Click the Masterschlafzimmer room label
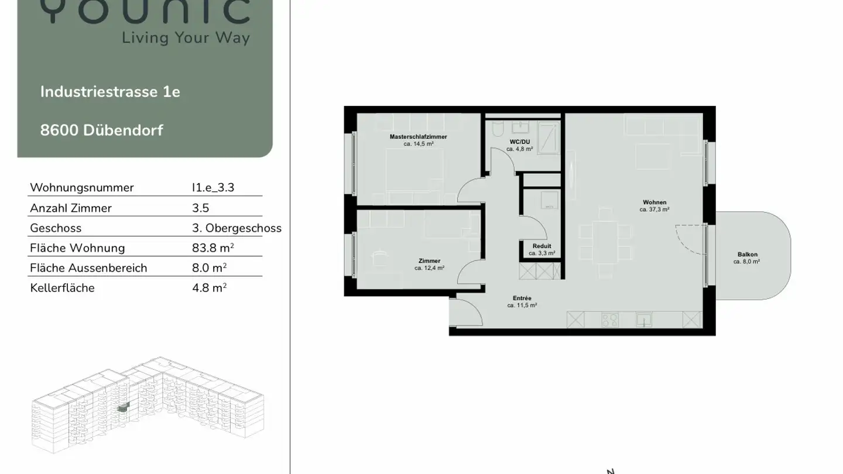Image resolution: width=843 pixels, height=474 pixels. click(418, 136)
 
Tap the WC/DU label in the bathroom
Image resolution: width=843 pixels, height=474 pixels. click(519, 142)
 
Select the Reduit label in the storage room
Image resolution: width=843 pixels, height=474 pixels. click(542, 246)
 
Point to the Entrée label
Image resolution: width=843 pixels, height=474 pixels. click(522, 298)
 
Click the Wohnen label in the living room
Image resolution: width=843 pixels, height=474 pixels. click(654, 202)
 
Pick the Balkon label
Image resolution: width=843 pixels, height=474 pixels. click(747, 255)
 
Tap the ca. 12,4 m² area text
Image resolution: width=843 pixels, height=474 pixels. click(429, 268)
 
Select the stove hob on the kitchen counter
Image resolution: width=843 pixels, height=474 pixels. click(610, 320)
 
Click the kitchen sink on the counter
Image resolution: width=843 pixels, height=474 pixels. click(645, 320)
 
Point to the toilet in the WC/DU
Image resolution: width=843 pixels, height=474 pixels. click(497, 129)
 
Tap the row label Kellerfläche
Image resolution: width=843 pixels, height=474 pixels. click(62, 288)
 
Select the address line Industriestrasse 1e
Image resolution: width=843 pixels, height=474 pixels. click(110, 92)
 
